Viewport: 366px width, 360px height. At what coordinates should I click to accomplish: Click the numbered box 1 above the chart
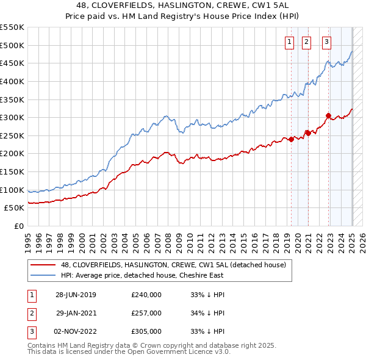(289, 42)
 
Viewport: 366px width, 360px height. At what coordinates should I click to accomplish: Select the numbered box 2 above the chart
(306, 42)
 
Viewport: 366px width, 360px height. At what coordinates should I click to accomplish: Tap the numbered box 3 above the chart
(327, 42)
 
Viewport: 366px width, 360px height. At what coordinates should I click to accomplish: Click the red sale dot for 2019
(292, 139)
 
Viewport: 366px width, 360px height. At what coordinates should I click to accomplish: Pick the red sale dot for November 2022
(328, 116)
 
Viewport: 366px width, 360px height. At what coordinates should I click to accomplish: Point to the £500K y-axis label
(12, 46)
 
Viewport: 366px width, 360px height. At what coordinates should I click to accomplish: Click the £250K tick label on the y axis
(12, 135)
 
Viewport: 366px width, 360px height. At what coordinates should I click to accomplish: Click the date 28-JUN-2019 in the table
(76, 295)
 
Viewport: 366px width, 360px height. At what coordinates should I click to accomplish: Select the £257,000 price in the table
(146, 313)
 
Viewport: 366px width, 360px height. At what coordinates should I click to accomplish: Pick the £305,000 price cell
(146, 331)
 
